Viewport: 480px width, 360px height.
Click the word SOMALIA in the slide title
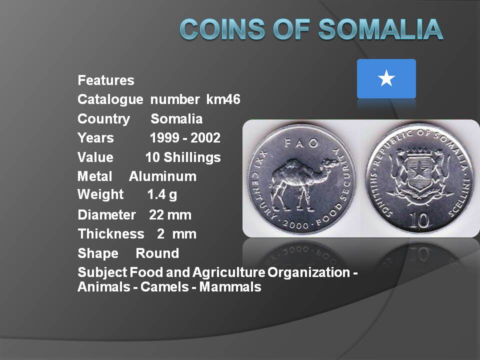tap(380, 29)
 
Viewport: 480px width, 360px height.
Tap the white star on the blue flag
tap(386, 78)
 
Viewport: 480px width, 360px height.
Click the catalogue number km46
tap(223, 99)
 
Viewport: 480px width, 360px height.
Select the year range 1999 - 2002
tap(185, 138)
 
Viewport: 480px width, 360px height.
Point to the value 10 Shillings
tap(183, 157)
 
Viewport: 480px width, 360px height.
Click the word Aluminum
tap(162, 176)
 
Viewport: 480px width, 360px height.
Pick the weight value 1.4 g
tap(162, 194)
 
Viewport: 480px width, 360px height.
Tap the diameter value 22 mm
tap(170, 215)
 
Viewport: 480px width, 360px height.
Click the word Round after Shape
tap(157, 253)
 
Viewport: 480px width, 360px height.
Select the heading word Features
tap(106, 80)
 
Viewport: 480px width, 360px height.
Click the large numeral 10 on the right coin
tap(419, 220)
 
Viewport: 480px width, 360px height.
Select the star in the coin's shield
tap(419, 173)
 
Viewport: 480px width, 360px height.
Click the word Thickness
tap(111, 234)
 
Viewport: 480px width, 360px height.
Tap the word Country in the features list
tap(104, 119)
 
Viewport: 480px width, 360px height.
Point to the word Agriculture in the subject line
tap(228, 272)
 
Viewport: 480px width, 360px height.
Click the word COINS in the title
tap(222, 29)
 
